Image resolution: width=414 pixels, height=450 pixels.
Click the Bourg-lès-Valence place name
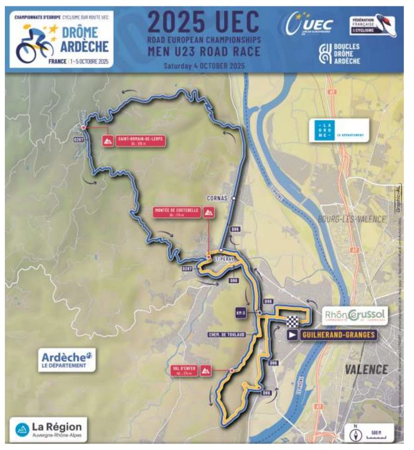352,219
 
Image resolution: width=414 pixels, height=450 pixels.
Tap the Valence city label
366,369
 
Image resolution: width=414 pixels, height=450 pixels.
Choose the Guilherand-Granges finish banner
330,335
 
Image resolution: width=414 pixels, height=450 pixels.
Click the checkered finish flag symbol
292,322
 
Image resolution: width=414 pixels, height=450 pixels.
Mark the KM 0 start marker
241,313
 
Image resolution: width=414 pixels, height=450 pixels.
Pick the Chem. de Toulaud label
226,335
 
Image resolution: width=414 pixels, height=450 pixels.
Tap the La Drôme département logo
339,131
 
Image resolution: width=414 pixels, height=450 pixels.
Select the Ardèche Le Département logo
67,359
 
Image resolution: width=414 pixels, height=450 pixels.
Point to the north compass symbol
355,433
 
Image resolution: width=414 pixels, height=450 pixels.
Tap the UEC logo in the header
310,25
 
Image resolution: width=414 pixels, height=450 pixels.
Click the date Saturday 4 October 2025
204,66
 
